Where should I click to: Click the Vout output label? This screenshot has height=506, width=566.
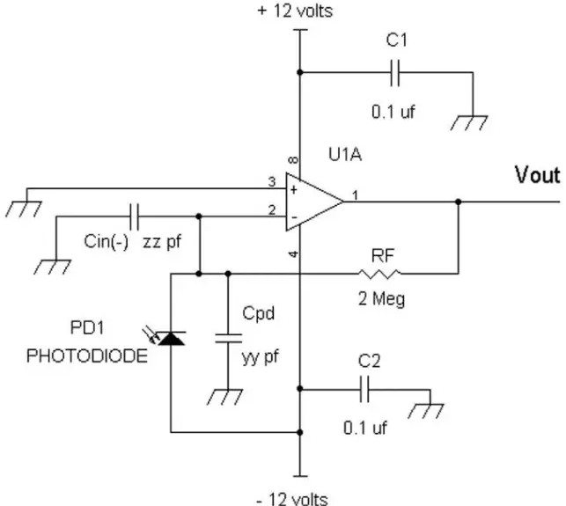(x=537, y=175)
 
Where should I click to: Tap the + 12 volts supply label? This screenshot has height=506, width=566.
(x=295, y=11)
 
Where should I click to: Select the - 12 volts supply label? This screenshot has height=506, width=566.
(x=292, y=499)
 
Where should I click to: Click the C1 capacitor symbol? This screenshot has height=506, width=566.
(x=395, y=73)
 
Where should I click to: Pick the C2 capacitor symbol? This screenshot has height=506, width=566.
(x=364, y=389)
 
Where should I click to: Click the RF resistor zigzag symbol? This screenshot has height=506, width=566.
(x=379, y=274)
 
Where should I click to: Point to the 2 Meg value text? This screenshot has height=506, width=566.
(x=381, y=299)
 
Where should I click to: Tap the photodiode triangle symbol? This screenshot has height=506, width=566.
(x=172, y=339)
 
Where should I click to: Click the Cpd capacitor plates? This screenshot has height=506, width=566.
(x=228, y=339)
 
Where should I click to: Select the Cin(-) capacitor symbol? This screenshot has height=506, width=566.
(x=135, y=216)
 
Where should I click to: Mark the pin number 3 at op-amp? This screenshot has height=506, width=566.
(x=272, y=181)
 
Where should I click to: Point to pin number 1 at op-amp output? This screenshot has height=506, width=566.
(x=356, y=195)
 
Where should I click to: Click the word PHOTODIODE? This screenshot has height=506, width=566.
(x=87, y=356)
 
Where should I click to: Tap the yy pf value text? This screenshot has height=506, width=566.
(x=260, y=357)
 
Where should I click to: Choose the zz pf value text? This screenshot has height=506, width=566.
(x=161, y=242)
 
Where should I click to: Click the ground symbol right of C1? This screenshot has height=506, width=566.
(x=469, y=122)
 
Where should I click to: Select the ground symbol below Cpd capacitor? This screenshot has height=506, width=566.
(x=224, y=397)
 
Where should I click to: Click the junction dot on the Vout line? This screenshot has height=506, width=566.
(x=458, y=202)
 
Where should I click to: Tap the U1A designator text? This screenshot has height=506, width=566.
(x=345, y=155)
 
